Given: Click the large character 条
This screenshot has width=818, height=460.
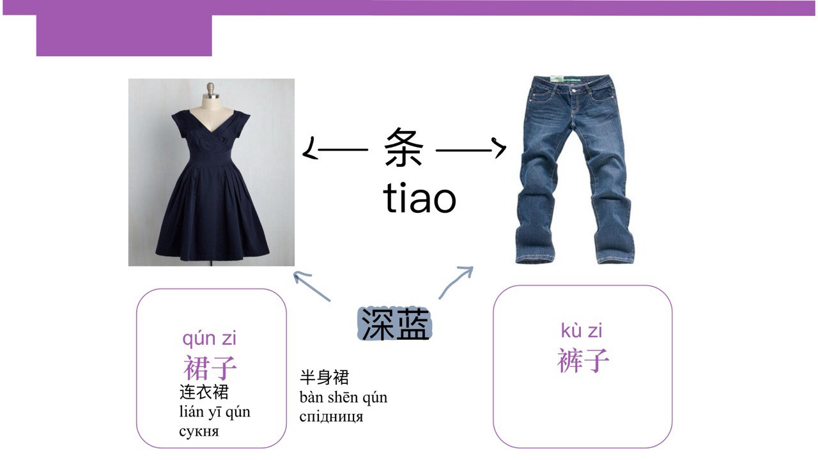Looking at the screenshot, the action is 403,147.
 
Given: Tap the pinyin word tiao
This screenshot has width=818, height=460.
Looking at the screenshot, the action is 420,197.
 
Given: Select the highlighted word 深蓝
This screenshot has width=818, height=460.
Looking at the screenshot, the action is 395,324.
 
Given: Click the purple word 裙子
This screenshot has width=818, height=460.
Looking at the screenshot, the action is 210,367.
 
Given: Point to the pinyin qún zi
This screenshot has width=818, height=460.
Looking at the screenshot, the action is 209,339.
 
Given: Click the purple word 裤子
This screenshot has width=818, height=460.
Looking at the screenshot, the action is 583,360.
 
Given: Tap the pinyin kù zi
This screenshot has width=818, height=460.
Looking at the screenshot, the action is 582,330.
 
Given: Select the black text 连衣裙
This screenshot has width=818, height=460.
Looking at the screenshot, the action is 204,392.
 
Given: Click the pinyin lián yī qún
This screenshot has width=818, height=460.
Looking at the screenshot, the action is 215,412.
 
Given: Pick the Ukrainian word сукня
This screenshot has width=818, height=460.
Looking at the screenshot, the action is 199,431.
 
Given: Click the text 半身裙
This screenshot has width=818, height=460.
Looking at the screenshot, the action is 324,377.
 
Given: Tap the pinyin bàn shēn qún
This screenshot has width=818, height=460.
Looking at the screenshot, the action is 343,397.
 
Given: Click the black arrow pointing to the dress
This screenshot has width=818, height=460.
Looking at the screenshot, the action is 336,149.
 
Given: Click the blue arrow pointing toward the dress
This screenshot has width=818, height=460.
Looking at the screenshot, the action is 313,287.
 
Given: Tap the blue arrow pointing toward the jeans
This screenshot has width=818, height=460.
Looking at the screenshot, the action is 456,282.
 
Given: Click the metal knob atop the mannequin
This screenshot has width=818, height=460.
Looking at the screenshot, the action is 210,88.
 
